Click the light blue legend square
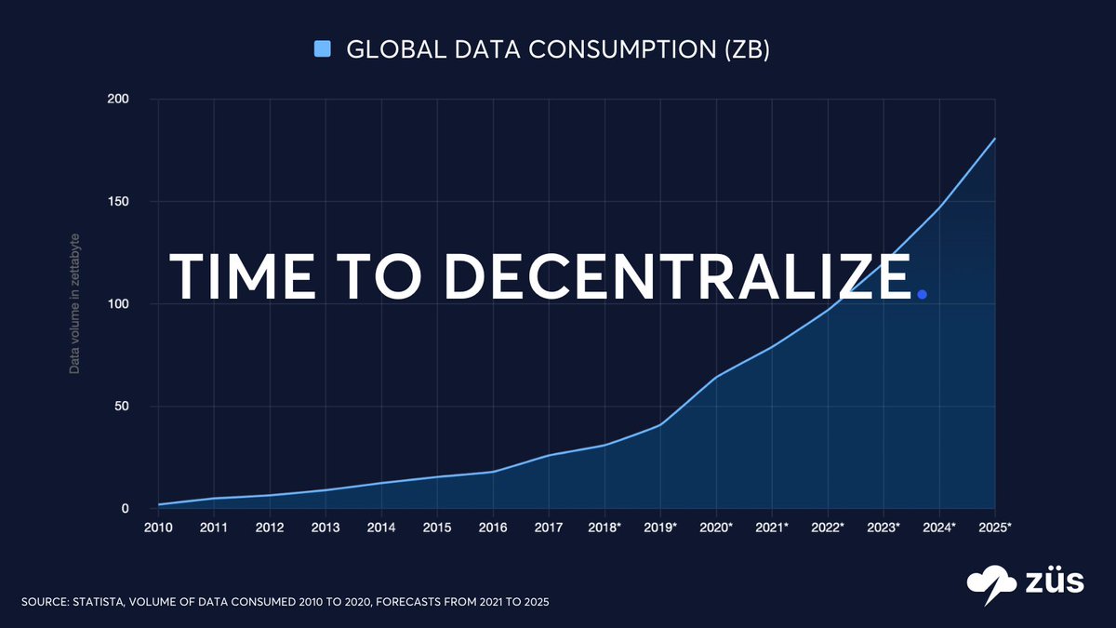323,49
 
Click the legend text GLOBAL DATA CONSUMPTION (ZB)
557,49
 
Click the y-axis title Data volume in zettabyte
75,303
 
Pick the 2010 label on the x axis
158,528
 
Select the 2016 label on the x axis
493,528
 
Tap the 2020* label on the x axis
716,528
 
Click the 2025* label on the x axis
995,528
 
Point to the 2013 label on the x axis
325,528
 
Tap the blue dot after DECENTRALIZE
922,295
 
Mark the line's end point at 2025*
995,139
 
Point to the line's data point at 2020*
716,377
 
